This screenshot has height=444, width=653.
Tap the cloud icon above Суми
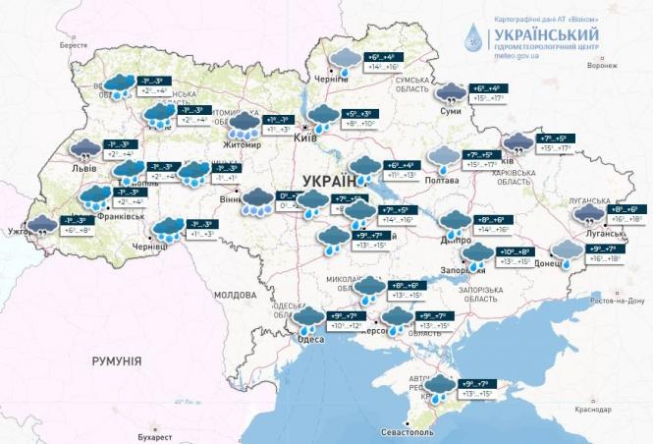click(x=450, y=93)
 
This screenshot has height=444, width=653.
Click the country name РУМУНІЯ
click(x=117, y=361)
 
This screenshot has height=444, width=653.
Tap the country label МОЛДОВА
click(x=235, y=294)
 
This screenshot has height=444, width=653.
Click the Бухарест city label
click(x=154, y=434)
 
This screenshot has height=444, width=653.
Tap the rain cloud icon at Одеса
click(x=309, y=318)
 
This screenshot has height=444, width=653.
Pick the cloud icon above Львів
click(x=84, y=149)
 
